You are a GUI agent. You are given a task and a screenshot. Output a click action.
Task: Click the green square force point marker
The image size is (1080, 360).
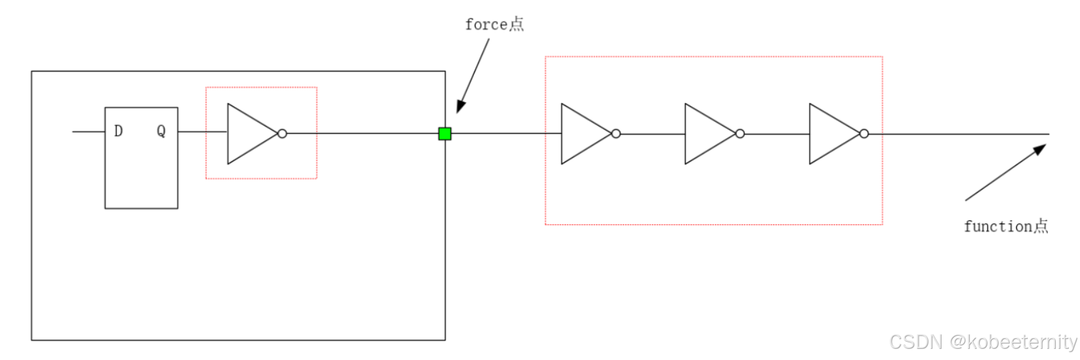pyautogui.click(x=445, y=134)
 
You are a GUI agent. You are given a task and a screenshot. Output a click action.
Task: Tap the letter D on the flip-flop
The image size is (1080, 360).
pyautogui.click(x=118, y=131)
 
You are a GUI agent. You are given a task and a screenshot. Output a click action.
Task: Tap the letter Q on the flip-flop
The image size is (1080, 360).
pyautogui.click(x=161, y=131)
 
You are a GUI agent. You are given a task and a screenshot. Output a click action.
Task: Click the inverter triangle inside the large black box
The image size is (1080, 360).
pyautogui.click(x=249, y=134)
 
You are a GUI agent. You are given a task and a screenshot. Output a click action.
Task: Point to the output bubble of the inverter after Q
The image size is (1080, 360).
pyautogui.click(x=282, y=134)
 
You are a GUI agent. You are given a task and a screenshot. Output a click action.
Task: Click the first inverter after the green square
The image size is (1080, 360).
pyautogui.click(x=583, y=134)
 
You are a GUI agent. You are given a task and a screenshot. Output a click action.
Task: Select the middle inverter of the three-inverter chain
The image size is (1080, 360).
pyautogui.click(x=707, y=134)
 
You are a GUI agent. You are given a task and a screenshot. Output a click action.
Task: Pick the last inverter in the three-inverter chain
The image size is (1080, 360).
pyautogui.click(x=831, y=134)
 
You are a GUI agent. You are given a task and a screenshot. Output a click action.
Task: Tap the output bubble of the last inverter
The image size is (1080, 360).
pyautogui.click(x=864, y=134)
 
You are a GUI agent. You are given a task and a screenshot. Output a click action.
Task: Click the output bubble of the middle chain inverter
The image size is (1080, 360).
pyautogui.click(x=740, y=134)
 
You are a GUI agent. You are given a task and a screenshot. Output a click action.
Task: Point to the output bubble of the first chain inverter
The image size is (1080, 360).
pyautogui.click(x=616, y=134)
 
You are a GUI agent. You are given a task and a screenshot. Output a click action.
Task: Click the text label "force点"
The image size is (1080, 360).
pyautogui.click(x=494, y=25)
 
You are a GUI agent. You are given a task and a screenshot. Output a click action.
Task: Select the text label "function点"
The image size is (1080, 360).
pyautogui.click(x=1005, y=227)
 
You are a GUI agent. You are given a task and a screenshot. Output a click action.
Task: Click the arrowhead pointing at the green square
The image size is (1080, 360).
pyautogui.click(x=461, y=106)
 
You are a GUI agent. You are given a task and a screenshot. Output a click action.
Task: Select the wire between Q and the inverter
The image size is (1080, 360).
pyautogui.click(x=202, y=132)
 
